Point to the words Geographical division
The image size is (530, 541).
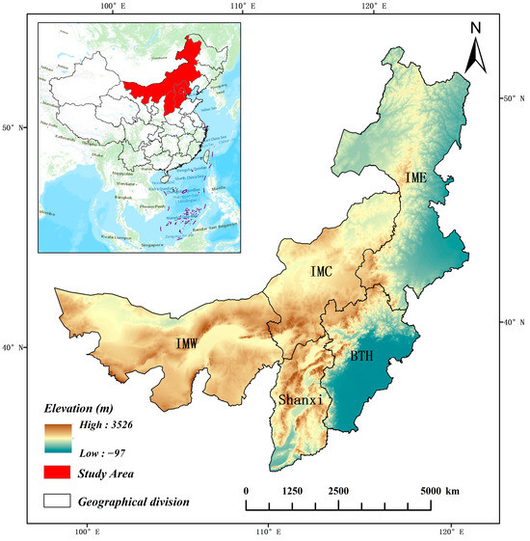[x=135, y=500]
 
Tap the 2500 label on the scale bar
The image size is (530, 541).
[x=339, y=491]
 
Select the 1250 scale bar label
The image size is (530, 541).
[x=293, y=491]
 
